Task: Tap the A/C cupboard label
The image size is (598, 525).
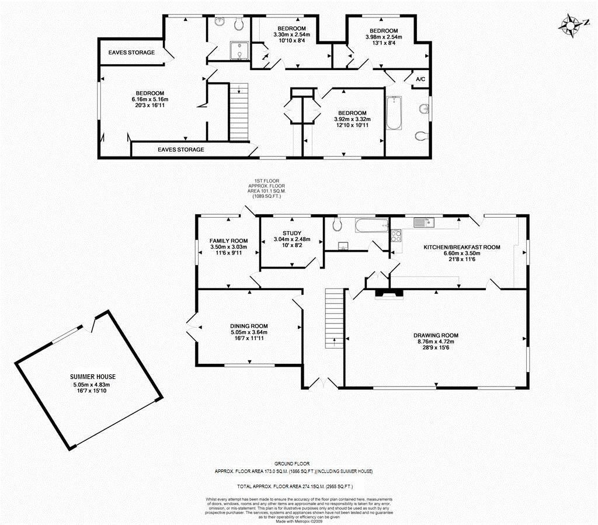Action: point(420,79)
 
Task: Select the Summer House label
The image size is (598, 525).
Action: point(93,377)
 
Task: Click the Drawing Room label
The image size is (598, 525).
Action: point(436,336)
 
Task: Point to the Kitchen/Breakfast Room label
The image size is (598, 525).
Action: point(462,247)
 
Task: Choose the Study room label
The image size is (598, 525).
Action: point(292,234)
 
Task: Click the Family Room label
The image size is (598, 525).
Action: point(228,241)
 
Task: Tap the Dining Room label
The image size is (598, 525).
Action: point(249,326)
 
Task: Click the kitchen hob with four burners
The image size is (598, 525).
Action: point(396,235)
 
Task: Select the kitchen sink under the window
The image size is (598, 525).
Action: point(423,222)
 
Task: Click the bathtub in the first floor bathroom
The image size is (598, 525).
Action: point(394,113)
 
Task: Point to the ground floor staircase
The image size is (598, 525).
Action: point(335,318)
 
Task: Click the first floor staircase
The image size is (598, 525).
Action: point(239,113)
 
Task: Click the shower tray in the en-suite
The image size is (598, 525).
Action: point(239,51)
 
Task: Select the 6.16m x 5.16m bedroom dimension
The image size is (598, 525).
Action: point(150,99)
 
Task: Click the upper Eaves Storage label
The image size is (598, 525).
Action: point(131,52)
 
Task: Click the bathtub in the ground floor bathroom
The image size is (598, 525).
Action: point(372,225)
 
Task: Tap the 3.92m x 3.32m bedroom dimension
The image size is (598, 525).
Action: point(352,119)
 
